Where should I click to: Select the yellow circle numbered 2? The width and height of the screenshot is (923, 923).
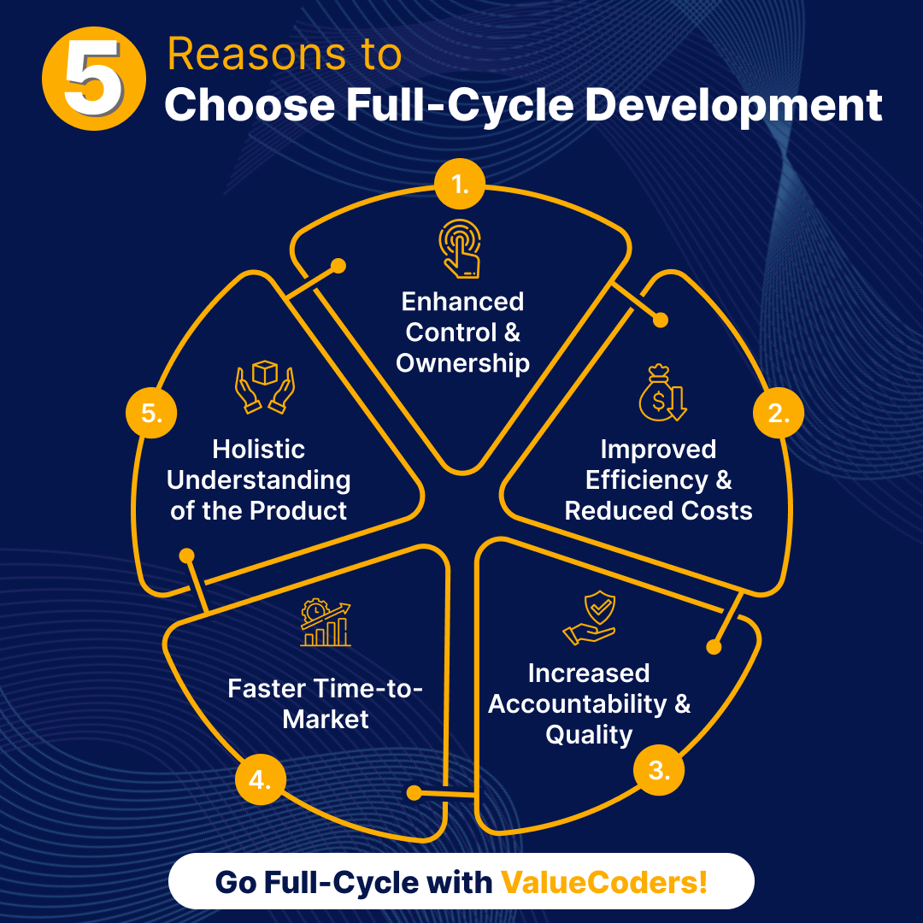point(778,414)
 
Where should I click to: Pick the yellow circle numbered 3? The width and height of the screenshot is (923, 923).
point(658,771)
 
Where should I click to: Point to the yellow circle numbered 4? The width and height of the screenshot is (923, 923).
point(260,779)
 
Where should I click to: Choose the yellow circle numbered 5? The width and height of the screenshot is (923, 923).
point(151,414)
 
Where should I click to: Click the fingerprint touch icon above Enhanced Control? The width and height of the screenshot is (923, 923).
point(461,249)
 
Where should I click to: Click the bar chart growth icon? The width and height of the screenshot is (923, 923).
point(325,624)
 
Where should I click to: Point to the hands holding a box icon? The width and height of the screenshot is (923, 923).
point(264,387)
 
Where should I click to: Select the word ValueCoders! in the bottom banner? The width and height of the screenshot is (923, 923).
point(603,881)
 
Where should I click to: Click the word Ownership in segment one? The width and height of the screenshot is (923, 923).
point(462,363)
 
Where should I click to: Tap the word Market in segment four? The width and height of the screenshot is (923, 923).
point(326,719)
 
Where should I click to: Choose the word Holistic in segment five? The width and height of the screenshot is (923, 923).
point(258,449)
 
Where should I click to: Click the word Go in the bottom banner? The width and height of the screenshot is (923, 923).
point(236,881)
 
